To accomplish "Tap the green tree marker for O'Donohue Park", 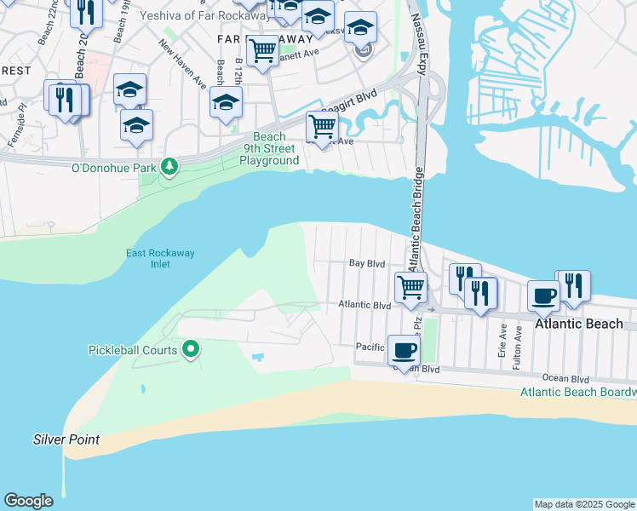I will [x=169, y=167].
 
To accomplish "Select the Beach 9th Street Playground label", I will [x=269, y=148].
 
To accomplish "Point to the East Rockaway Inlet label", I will [x=149, y=258].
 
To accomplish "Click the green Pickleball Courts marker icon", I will [x=192, y=350].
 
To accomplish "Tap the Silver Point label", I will [x=66, y=440].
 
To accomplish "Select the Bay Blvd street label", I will [x=368, y=264].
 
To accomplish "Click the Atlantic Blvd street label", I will [x=364, y=304].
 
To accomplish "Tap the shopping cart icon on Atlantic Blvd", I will [x=411, y=287].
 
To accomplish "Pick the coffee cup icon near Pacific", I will [x=404, y=349].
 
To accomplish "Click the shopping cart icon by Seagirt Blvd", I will [x=322, y=127].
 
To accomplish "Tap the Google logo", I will [x=28, y=501].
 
